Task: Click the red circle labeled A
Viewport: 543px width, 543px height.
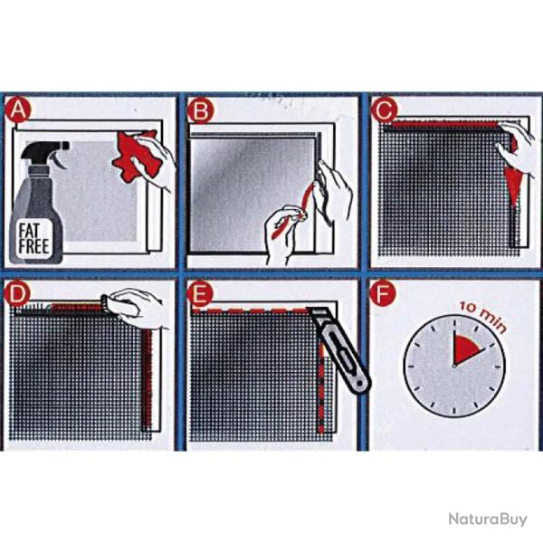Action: (x=18, y=111)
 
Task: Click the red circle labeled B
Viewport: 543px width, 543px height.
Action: (x=200, y=111)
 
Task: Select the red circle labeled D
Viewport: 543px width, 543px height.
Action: (x=18, y=295)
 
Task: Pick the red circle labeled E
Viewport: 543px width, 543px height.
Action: (x=200, y=295)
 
